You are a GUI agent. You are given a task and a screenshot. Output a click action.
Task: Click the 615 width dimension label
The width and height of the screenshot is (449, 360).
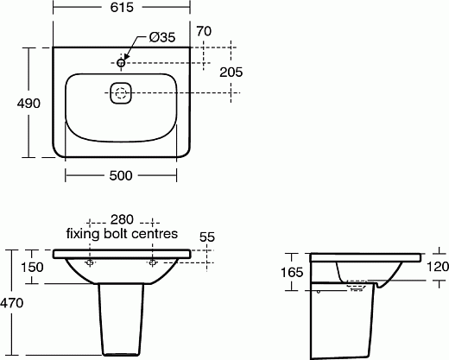pos(120,8)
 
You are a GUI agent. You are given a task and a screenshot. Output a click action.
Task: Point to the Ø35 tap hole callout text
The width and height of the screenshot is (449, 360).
pos(164,37)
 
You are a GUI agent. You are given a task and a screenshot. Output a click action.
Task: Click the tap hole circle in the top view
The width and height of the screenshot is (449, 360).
pos(122,61)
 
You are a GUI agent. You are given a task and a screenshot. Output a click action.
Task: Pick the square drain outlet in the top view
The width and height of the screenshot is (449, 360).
pos(121,93)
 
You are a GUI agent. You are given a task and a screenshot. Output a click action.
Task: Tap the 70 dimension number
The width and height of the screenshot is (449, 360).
pos(204,32)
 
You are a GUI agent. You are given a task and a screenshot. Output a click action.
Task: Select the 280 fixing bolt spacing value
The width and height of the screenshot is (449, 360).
pos(121,220)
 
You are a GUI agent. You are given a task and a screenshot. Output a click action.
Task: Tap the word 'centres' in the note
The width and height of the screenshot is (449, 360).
pos(156,234)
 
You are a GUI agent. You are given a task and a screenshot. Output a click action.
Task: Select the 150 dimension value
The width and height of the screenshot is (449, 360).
pos(32,267)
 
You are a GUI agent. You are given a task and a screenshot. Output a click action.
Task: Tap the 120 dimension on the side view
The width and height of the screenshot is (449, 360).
pos(437,267)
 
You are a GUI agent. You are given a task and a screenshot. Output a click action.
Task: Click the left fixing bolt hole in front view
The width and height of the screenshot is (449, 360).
pos(91,260)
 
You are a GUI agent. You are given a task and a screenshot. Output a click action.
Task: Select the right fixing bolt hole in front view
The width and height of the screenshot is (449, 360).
pos(152,260)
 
